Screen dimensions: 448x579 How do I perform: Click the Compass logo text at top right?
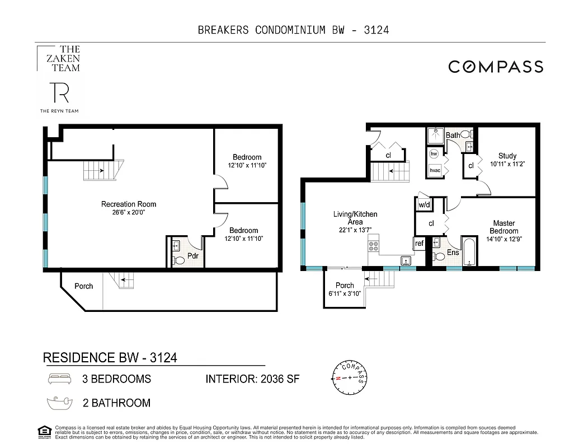pyautogui.click(x=496, y=67)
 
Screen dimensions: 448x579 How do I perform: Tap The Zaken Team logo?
pyautogui.click(x=58, y=59)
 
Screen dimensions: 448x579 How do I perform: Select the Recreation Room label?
pyautogui.click(x=129, y=204)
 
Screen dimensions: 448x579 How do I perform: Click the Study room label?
pyautogui.click(x=507, y=156)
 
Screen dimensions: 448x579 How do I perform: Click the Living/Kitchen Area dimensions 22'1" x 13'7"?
pyautogui.click(x=355, y=230)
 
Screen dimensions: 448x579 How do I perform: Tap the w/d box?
pyautogui.click(x=424, y=205)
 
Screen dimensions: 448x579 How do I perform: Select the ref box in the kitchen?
pyautogui.click(x=419, y=243)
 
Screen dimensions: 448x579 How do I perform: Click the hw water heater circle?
pyautogui.click(x=434, y=153)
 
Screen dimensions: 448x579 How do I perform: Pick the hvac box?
pyautogui.click(x=435, y=170)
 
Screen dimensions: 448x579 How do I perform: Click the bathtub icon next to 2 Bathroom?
pyautogui.click(x=60, y=403)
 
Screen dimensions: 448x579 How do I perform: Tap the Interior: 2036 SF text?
pyautogui.click(x=252, y=379)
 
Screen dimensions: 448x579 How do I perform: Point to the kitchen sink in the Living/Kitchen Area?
pyautogui.click(x=406, y=260)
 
